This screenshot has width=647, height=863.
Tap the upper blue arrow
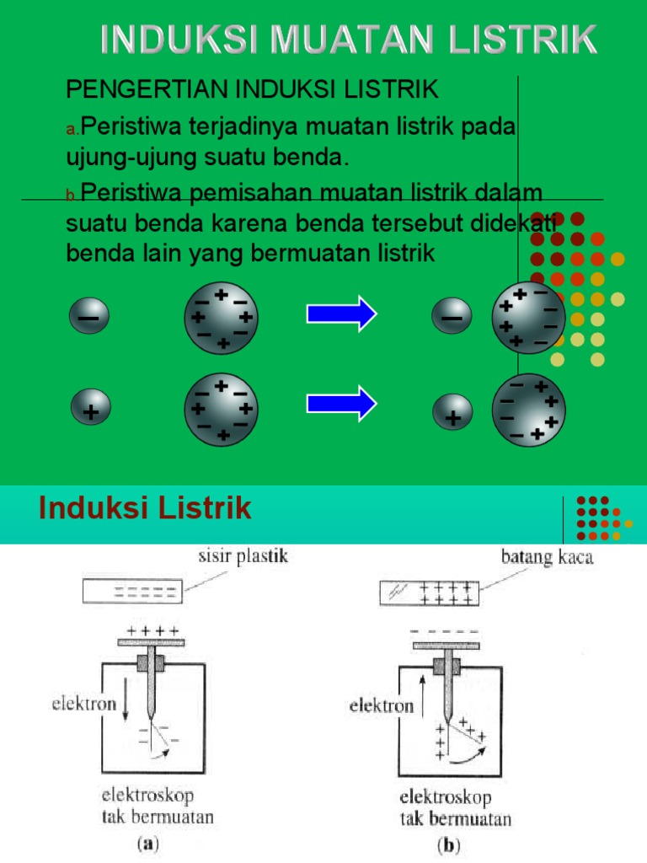point(341,314)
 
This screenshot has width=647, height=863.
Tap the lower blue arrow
point(341,403)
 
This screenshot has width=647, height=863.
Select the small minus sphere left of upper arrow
point(89,318)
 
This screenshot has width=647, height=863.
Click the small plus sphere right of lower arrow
point(452,413)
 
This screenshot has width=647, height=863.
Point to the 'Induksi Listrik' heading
point(146,508)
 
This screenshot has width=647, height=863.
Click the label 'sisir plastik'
point(243,556)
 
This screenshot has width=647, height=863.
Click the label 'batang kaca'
point(547,557)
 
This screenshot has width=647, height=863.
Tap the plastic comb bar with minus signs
point(131,592)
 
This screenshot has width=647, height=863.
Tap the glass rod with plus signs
point(430,592)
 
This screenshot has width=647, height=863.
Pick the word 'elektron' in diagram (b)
point(382,705)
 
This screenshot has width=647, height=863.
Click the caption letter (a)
point(145,843)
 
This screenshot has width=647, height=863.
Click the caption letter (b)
point(446,844)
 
